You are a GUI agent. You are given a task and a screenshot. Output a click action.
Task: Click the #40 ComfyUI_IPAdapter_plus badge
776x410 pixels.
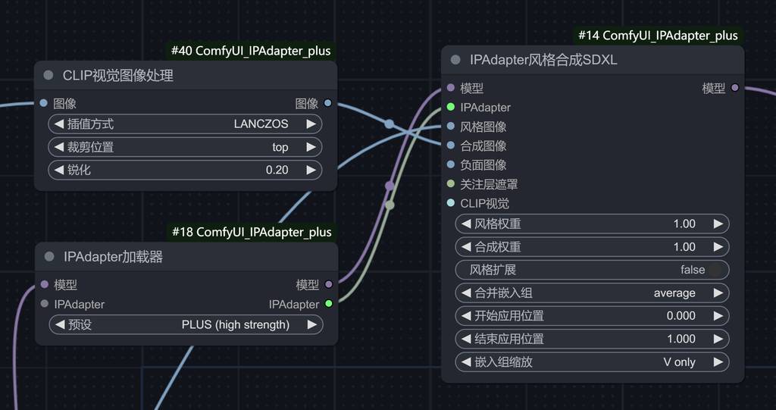tap(251, 51)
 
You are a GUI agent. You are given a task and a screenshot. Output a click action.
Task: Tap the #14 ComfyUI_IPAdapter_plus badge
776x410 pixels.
tap(658, 36)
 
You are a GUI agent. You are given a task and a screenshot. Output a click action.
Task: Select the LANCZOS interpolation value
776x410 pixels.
tap(261, 124)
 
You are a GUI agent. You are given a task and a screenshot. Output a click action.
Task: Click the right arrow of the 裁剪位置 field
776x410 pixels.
tap(311, 147)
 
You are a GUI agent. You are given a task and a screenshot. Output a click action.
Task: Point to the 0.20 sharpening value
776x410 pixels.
tap(277, 170)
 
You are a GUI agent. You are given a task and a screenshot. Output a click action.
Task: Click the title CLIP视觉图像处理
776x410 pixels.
tap(118, 75)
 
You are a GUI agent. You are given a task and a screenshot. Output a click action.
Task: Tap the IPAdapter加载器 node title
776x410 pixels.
tap(113, 257)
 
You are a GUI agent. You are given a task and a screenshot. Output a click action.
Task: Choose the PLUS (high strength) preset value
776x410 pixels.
tap(236, 324)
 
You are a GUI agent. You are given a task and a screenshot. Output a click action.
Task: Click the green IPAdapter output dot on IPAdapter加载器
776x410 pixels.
tap(328, 304)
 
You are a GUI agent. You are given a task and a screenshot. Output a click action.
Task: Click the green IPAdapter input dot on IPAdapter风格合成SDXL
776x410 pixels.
tap(451, 108)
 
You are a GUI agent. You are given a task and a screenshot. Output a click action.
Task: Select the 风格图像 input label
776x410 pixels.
tap(483, 127)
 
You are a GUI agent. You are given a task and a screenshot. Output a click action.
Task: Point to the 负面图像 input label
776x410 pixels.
tap(483, 164)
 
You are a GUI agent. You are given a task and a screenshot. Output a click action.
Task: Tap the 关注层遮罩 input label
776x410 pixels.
tap(489, 184)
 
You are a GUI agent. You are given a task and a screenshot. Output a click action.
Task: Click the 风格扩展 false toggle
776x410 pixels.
tap(712, 270)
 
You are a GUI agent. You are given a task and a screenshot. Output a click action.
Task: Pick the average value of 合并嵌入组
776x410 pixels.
tap(674, 293)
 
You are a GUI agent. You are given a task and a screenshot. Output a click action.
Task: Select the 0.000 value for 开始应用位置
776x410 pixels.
tap(681, 315)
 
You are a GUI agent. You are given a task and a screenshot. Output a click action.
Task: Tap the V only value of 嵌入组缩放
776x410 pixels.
tap(679, 361)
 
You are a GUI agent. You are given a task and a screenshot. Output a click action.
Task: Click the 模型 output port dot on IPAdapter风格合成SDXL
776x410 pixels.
tap(734, 88)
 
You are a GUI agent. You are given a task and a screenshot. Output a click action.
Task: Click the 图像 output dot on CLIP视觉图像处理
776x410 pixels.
tap(327, 103)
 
